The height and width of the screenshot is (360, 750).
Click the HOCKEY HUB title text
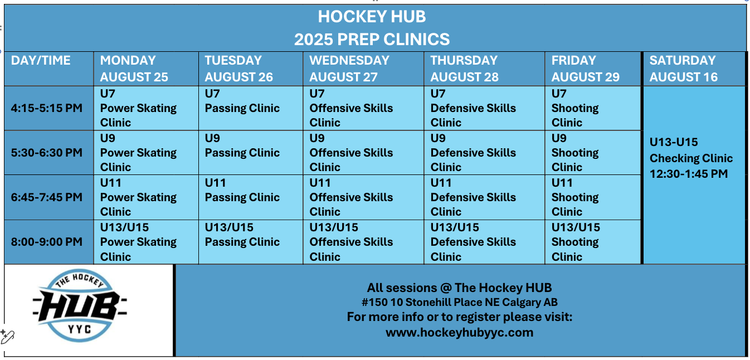click(372, 16)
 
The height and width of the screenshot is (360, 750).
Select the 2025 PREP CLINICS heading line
click(372, 39)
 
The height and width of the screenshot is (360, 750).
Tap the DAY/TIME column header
click(41, 60)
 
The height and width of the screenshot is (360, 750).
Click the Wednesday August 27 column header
click(349, 69)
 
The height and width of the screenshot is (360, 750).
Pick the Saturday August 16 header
click(683, 69)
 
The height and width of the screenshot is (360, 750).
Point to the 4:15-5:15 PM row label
click(47, 108)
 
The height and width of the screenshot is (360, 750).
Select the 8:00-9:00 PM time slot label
click(47, 241)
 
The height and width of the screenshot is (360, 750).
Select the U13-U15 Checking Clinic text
click(691, 150)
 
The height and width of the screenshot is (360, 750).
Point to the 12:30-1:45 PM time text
click(689, 174)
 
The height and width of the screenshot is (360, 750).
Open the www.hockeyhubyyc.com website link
click(459, 333)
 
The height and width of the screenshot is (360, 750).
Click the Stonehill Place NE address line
click(459, 302)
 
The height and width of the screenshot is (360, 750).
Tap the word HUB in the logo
click(80, 306)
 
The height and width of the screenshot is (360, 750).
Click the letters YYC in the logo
click(79, 329)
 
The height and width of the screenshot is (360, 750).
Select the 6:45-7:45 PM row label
click(47, 197)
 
